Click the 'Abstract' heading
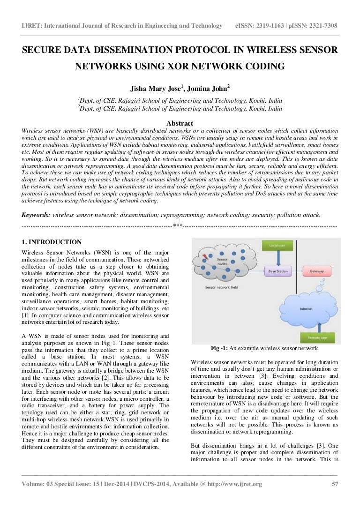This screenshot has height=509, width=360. tap(180, 123)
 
